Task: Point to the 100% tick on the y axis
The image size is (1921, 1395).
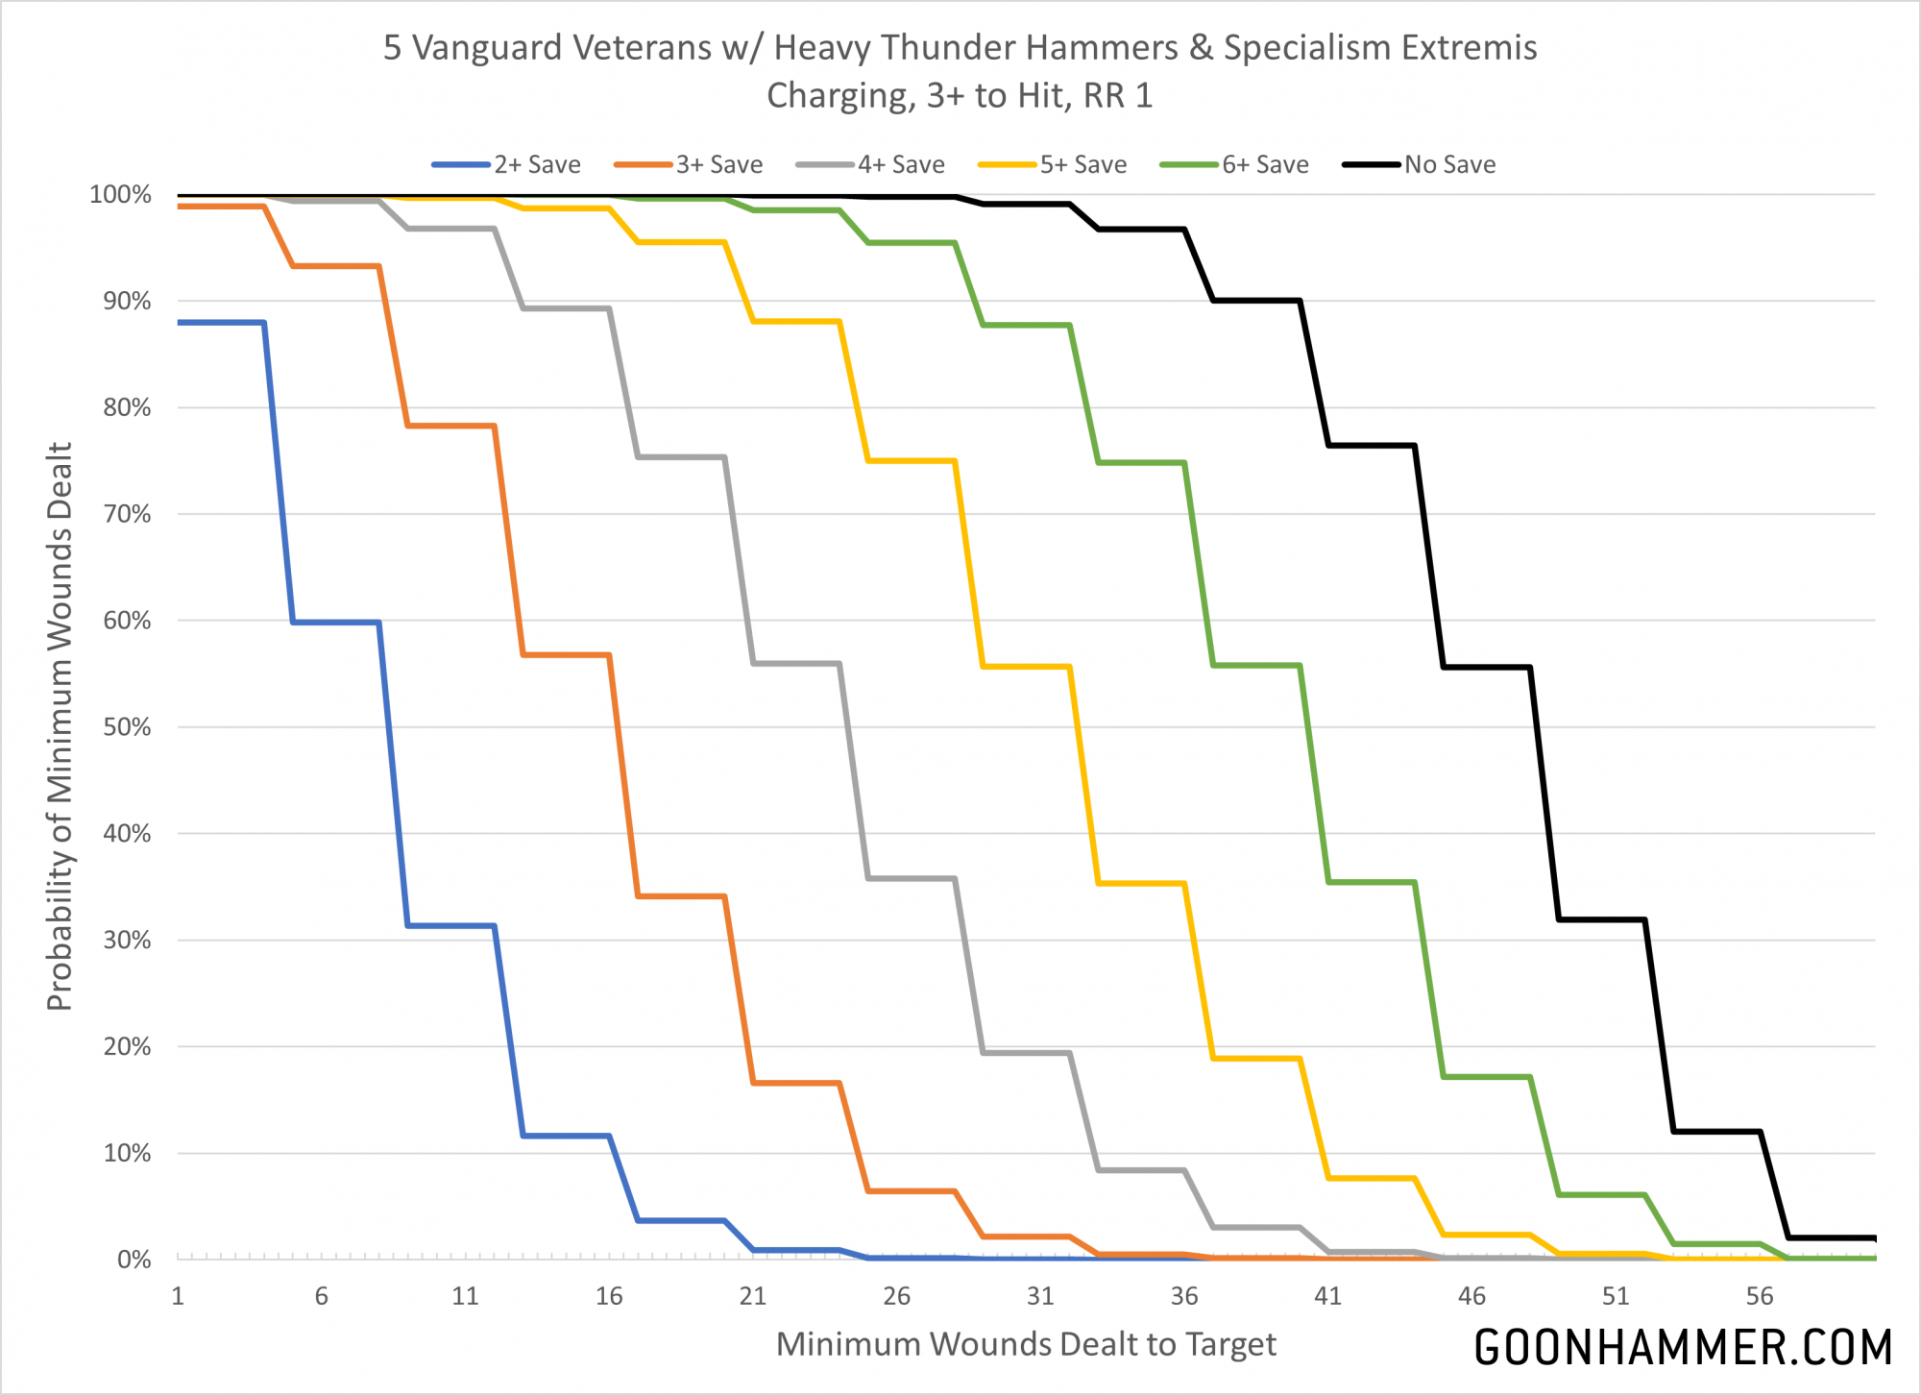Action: (120, 195)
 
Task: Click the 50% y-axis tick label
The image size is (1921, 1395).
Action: (127, 727)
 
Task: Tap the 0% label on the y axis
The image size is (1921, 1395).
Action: (134, 1260)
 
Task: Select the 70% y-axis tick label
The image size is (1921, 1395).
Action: (127, 514)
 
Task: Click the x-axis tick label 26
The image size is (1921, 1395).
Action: (896, 1297)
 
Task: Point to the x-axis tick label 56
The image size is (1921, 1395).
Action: (1759, 1297)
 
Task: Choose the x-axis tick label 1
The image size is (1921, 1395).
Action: (178, 1297)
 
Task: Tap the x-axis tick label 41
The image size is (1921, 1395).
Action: (1327, 1297)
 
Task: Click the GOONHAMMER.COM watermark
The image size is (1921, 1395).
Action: (1683, 1348)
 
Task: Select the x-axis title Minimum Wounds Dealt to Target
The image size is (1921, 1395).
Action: (1026, 1345)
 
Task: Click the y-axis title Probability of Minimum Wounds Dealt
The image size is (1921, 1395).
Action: (60, 726)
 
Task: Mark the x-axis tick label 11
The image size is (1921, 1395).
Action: (465, 1297)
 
